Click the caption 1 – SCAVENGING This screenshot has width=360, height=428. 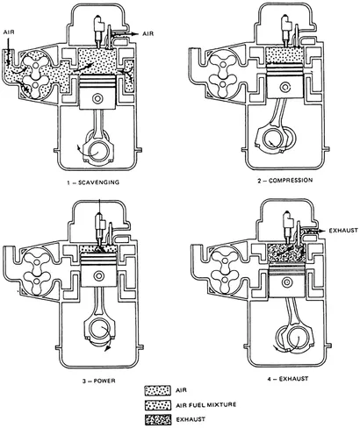93,182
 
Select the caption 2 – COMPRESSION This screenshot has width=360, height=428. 285,181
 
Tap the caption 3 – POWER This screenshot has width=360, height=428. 99,381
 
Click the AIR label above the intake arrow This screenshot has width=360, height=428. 9,32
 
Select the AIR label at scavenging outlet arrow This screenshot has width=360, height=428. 148,34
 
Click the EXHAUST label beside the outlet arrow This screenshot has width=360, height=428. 343,231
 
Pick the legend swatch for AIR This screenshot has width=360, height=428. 157,390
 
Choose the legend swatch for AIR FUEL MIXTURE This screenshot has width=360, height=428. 157,405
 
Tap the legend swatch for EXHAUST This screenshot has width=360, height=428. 157,420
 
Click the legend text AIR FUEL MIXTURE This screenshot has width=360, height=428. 206,405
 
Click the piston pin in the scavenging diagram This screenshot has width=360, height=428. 97,98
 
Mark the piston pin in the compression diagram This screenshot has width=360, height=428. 285,87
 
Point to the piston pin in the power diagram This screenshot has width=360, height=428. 99,275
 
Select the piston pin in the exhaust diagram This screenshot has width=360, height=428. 286,282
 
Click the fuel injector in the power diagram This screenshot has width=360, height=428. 100,229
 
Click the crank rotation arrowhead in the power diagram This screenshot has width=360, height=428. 109,347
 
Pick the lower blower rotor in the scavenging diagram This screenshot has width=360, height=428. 35,85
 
